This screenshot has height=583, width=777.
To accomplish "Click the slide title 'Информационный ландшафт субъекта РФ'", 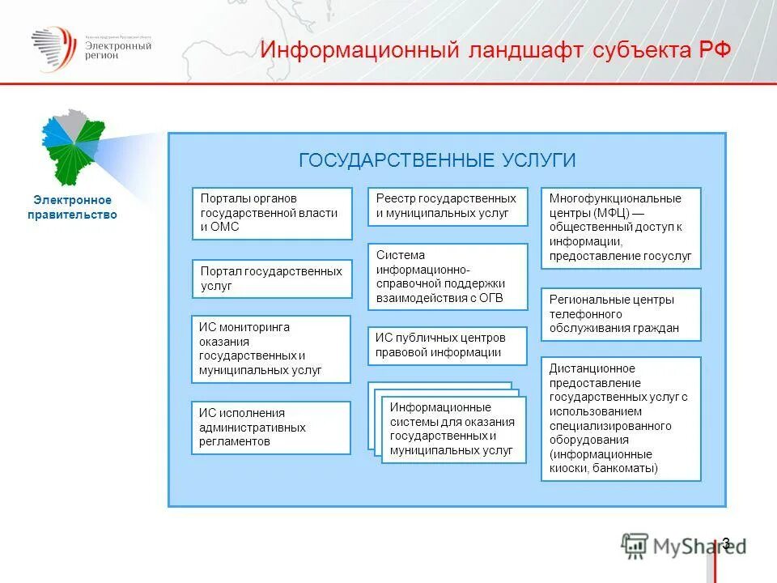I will (x=495, y=49).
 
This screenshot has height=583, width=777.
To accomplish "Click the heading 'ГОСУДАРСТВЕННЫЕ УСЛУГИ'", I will (x=437, y=160).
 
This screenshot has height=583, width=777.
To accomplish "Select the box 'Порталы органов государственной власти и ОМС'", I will (x=272, y=213).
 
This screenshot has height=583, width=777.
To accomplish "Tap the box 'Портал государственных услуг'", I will (x=272, y=279).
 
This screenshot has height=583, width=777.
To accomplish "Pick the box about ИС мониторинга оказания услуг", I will (x=271, y=349).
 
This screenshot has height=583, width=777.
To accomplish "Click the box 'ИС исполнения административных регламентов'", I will (x=271, y=428).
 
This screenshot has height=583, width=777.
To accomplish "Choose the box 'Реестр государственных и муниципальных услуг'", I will (x=447, y=206).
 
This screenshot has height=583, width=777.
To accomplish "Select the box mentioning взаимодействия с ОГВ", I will (x=447, y=276).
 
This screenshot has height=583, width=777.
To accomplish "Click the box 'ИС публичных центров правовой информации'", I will (x=447, y=345).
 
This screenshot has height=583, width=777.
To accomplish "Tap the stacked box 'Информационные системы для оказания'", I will (x=453, y=429).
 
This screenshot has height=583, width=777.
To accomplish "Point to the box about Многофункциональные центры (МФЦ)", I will (x=621, y=228).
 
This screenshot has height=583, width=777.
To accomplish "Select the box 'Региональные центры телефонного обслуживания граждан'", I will (x=621, y=314).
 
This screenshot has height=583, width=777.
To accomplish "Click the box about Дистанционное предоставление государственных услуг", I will (x=621, y=419).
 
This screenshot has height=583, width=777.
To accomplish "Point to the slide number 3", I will (x=726, y=543).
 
